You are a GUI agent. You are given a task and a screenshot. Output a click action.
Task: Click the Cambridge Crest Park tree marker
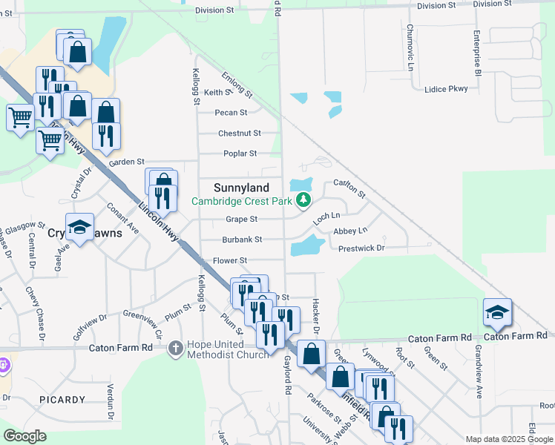[303, 200]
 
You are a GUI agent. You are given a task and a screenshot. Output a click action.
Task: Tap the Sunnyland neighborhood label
[241, 188]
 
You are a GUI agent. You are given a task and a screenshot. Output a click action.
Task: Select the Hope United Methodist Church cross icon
[175, 347]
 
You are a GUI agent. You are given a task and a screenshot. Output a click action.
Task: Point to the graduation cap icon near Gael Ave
[79, 228]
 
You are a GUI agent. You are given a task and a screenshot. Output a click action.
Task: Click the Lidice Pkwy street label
[446, 89]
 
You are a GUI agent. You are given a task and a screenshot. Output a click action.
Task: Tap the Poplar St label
[240, 154]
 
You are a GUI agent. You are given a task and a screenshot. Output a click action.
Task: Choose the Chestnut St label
[239, 133]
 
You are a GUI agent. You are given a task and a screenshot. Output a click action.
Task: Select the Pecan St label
[231, 113]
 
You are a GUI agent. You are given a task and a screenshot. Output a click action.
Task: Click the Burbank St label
[242, 240]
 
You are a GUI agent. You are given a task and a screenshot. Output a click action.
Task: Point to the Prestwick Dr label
[361, 248]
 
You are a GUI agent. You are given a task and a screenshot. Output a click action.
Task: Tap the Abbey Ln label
[350, 231]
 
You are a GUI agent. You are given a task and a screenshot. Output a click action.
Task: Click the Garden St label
[125, 162]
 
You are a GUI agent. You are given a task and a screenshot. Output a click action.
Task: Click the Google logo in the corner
[24, 436]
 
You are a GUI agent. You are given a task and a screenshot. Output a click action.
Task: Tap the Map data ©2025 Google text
[509, 439]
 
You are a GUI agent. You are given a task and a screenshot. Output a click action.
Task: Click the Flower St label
[229, 261]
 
